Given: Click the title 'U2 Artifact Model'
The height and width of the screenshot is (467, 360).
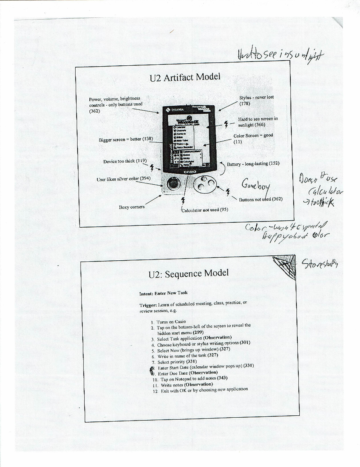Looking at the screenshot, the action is click(x=185, y=77).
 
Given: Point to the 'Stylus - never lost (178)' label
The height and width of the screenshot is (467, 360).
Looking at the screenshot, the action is click(x=256, y=100).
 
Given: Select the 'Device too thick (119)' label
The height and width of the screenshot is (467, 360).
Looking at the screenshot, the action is click(x=125, y=161).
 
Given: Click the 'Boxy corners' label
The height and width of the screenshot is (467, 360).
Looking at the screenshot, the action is click(x=132, y=207).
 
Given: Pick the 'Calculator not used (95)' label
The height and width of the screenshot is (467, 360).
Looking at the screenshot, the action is click(x=205, y=210).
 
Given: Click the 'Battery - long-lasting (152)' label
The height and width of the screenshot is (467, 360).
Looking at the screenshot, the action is click(x=253, y=164).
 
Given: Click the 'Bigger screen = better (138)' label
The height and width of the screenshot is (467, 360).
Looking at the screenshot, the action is click(x=126, y=139).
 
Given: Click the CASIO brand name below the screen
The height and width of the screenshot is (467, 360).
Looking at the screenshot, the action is click(x=190, y=172).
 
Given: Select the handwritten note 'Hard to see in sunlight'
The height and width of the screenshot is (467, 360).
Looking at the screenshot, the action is click(x=280, y=55).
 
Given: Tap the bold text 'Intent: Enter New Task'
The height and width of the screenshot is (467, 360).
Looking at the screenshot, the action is click(x=163, y=293).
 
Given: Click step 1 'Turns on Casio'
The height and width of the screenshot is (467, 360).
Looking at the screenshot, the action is click(x=171, y=322).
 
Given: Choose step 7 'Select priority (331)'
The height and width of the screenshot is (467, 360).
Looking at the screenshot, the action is click(x=177, y=362).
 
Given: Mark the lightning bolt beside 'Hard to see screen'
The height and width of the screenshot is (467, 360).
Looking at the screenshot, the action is click(x=226, y=124).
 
